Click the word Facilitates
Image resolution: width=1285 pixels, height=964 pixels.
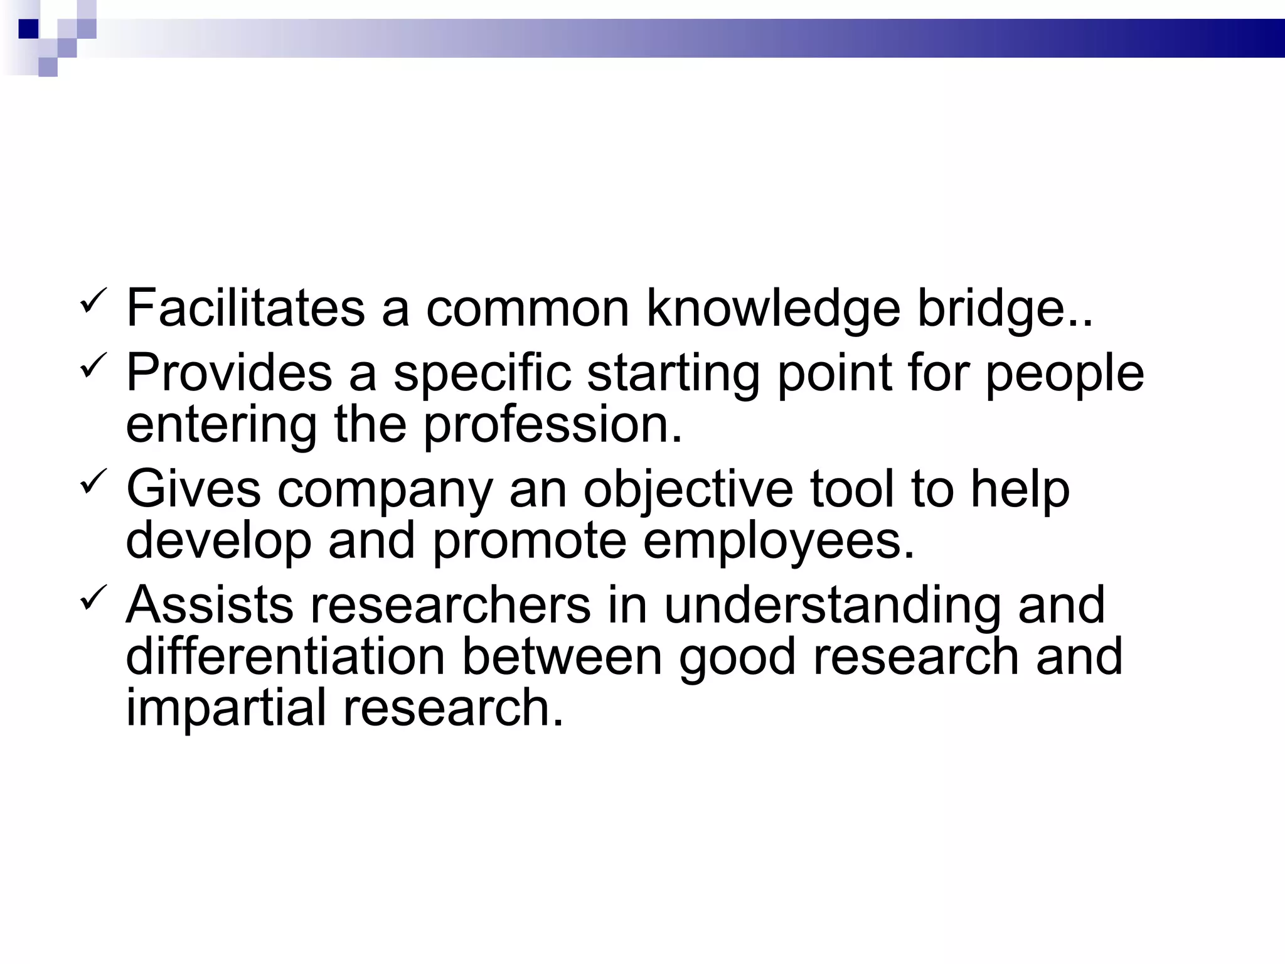coord(245,308)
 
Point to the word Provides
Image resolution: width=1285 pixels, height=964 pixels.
coord(229,373)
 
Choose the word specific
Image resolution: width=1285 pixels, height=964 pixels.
coord(483,373)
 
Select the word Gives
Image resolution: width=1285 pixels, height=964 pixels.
coord(193,489)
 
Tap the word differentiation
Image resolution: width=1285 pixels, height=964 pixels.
coord(285,657)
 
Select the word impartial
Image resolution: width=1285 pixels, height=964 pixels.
coord(226,708)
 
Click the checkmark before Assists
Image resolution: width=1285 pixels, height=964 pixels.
coord(95,597)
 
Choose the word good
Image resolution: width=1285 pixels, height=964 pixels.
coord(737,657)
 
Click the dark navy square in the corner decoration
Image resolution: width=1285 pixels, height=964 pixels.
coord(29,29)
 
